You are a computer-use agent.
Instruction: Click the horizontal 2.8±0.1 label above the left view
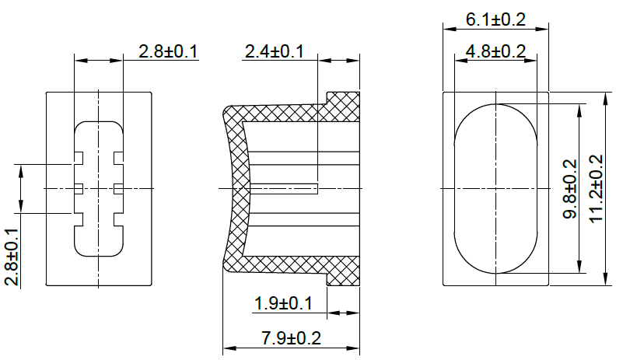[x=168, y=52]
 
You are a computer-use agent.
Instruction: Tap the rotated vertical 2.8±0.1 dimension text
[x=12, y=257]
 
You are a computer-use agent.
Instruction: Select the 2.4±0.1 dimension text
[x=274, y=52]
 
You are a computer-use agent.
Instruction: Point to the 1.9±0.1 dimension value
[x=283, y=303]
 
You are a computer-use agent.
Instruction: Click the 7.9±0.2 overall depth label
[x=292, y=338]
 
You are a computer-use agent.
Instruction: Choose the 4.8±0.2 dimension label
[x=495, y=52]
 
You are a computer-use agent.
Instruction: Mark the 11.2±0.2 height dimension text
[x=596, y=189]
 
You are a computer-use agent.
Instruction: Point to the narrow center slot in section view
[x=284, y=188]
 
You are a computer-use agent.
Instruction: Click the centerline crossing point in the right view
[x=495, y=188]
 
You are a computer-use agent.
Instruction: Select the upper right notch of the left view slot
[x=117, y=158]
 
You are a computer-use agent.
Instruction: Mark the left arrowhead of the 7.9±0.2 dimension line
[x=227, y=348]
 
